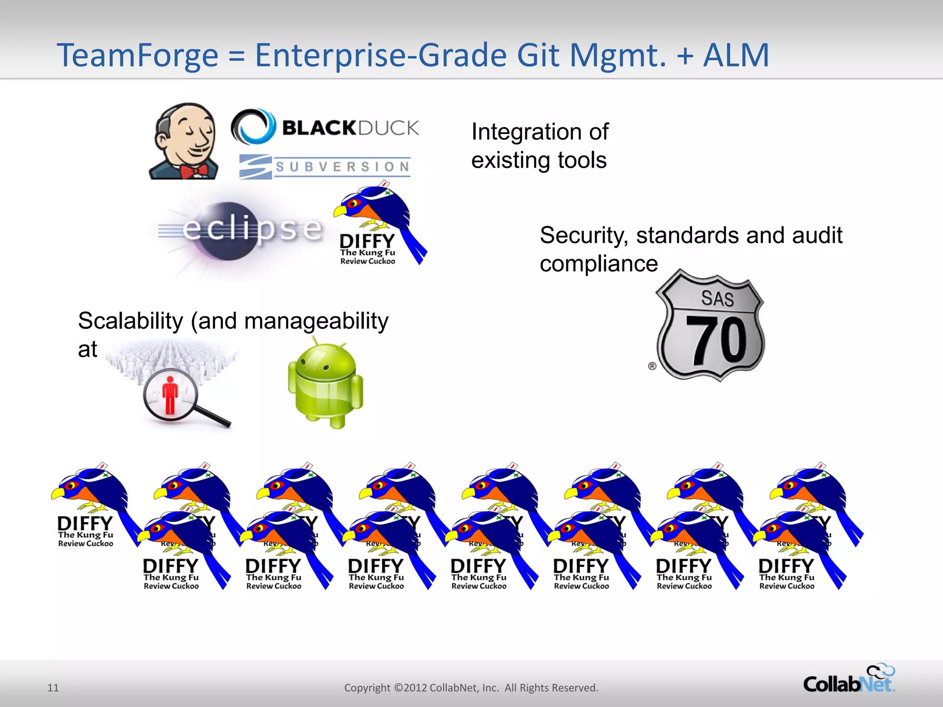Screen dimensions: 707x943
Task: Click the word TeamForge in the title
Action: [x=137, y=55]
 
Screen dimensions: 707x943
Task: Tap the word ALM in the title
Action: [x=736, y=55]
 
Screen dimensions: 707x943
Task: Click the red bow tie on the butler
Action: [x=193, y=171]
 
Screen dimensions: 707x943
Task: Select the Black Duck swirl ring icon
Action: [x=253, y=127]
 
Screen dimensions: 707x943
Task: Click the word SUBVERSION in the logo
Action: [x=343, y=167]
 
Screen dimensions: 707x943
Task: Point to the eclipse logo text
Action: [x=252, y=228]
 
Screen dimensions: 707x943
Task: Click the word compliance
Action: [x=599, y=264]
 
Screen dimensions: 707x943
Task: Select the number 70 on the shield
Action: [x=716, y=341]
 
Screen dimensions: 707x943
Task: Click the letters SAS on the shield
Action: [x=717, y=298]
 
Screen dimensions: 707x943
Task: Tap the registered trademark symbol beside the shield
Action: [x=652, y=366]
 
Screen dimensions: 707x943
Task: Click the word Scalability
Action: [x=130, y=321]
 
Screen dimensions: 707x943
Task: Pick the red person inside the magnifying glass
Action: [x=170, y=394]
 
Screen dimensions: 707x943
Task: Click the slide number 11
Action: [x=53, y=688]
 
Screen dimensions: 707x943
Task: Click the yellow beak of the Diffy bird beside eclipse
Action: [x=340, y=211]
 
